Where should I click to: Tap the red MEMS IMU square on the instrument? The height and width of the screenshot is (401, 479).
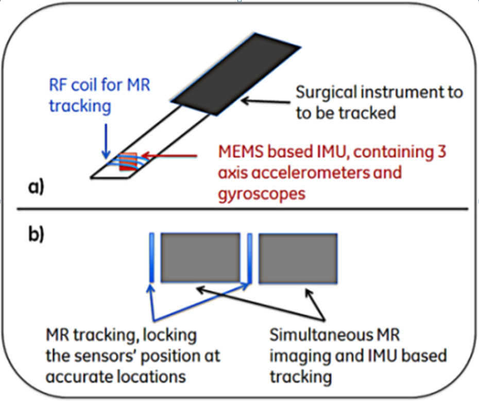pos(127,162)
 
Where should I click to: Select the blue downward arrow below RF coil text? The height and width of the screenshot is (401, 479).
pos(105,138)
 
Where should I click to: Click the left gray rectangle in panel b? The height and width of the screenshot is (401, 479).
pos(201,258)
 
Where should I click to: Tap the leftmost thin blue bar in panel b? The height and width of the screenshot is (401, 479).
pos(151,258)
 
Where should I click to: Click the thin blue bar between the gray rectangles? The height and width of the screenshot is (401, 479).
pos(249,258)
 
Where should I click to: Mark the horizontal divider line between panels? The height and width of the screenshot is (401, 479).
pos(239,209)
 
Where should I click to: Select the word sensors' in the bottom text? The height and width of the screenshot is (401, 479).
pos(110,356)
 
